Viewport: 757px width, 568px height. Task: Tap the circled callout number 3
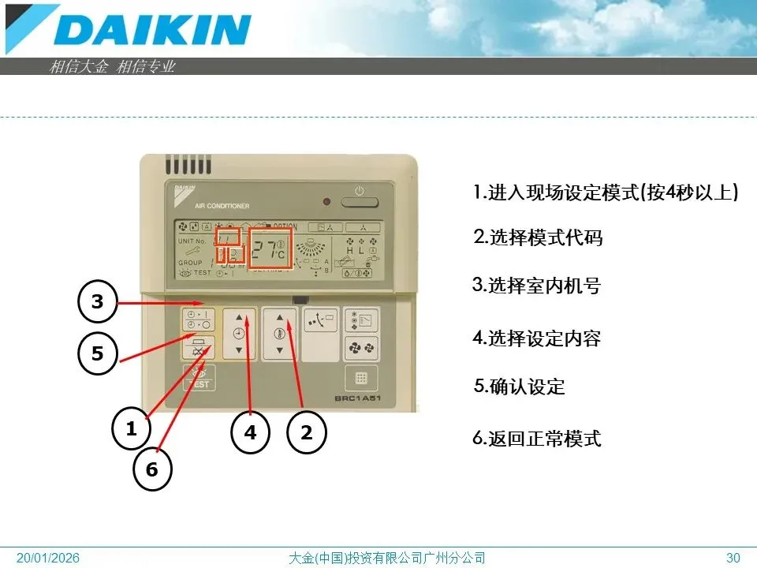point(97,303)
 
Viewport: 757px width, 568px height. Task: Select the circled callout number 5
point(97,353)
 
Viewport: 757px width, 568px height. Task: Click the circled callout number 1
point(132,429)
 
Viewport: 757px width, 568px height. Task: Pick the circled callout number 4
point(250,432)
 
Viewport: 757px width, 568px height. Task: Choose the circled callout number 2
point(307,432)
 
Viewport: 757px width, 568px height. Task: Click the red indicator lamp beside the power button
point(326,202)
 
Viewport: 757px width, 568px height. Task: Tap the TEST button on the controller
point(198,378)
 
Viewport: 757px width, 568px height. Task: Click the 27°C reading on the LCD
point(270,250)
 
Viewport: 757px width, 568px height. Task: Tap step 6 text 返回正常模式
point(537,439)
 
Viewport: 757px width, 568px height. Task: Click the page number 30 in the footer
point(733,559)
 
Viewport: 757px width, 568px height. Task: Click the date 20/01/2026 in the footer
point(49,559)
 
